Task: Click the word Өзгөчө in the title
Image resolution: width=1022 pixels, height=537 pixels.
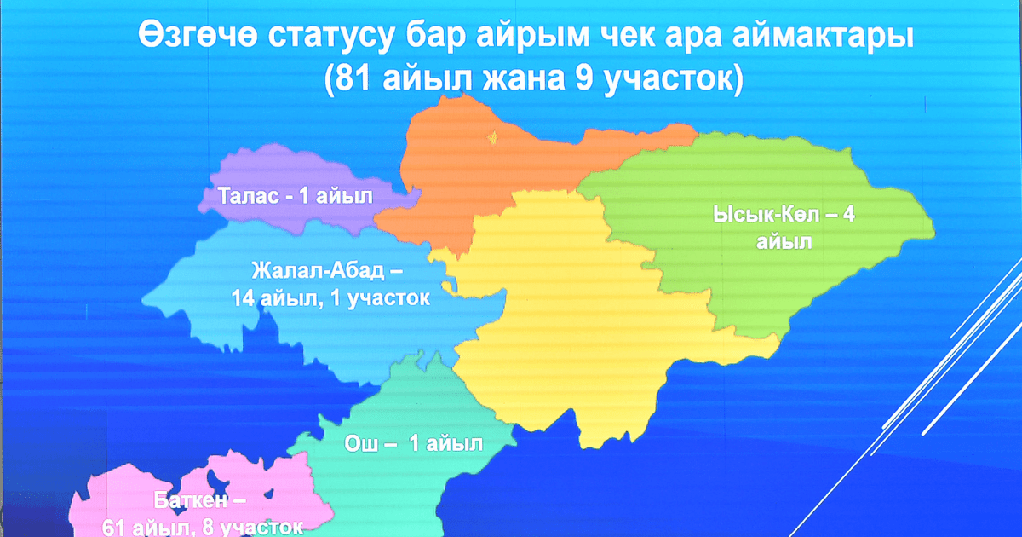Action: (194, 38)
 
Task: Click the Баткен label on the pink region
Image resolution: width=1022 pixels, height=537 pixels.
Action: (201, 499)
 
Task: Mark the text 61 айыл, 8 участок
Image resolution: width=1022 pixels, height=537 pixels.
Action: (202, 527)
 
